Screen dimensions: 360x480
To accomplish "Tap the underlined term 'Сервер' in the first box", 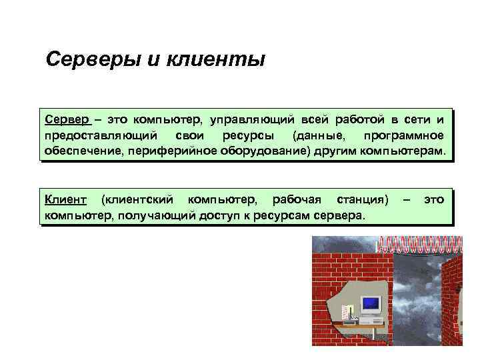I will click(x=67, y=120).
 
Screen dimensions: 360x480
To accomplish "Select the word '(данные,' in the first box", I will click(x=314, y=136).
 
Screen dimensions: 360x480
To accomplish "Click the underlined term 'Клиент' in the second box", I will click(x=65, y=199).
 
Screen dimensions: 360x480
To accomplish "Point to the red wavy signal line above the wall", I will click(x=420, y=242).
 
